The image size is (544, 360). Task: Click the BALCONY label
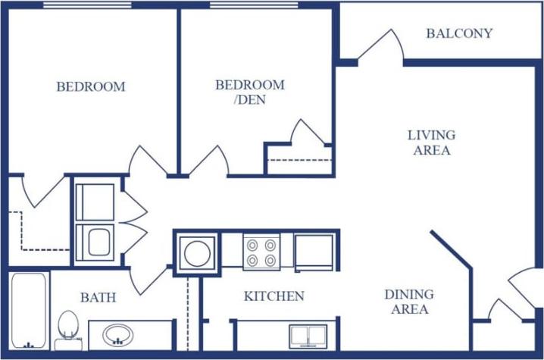[x=459, y=33]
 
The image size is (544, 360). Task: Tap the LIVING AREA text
[x=432, y=142]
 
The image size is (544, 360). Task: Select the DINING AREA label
[x=409, y=302]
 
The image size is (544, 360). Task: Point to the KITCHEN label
[x=274, y=296]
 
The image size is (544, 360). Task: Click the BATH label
[x=98, y=298]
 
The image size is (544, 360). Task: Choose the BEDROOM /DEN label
[x=250, y=92]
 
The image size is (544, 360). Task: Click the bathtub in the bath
[x=29, y=311]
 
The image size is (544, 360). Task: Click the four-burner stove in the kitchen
[x=261, y=252]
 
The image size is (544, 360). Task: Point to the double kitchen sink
[x=308, y=334]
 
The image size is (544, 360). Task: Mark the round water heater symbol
[x=197, y=252]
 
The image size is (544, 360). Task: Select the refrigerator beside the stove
[x=314, y=252]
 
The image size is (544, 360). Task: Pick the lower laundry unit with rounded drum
[x=95, y=243]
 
